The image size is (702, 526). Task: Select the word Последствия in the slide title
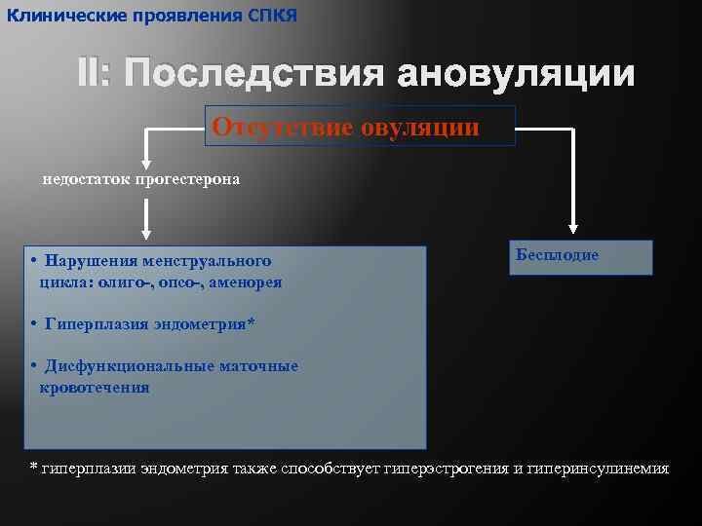[253, 74]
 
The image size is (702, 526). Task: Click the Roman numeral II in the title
[95, 74]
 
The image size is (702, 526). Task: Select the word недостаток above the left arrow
[84, 180]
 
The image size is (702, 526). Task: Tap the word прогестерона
[186, 180]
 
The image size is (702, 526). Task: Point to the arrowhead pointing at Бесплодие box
[572, 225]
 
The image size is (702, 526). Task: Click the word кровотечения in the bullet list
[95, 388]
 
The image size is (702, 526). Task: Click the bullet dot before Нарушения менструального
[33, 261]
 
